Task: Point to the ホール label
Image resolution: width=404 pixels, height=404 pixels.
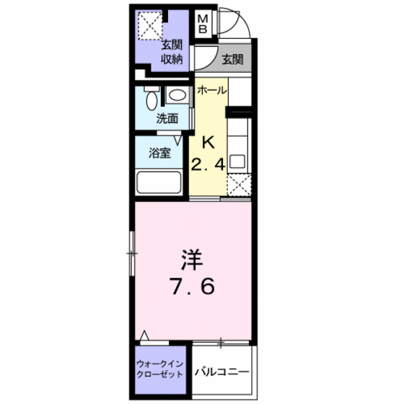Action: pyautogui.click(x=212, y=91)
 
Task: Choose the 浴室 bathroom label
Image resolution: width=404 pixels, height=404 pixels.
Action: pyautogui.click(x=160, y=153)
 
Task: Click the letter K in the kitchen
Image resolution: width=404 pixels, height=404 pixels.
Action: pyautogui.click(x=208, y=141)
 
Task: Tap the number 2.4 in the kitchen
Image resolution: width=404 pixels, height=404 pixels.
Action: pyautogui.click(x=208, y=164)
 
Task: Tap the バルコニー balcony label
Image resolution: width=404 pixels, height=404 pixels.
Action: pyautogui.click(x=223, y=372)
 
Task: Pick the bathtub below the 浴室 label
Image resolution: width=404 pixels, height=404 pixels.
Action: pyautogui.click(x=159, y=182)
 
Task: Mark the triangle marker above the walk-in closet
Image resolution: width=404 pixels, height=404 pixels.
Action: pyautogui.click(x=144, y=335)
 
